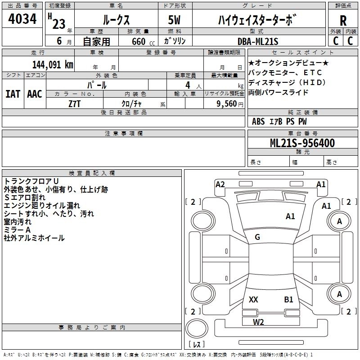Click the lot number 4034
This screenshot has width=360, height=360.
[x=22, y=18]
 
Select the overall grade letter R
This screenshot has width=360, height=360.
[x=343, y=21]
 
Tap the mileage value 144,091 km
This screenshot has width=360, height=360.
[x=53, y=65]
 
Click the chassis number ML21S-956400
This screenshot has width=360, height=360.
[x=302, y=143]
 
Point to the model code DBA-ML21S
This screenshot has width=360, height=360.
[x=258, y=41]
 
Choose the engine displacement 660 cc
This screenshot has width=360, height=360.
[x=143, y=42]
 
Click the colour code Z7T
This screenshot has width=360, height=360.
[x=75, y=104]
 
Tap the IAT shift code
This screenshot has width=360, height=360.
[x=13, y=94]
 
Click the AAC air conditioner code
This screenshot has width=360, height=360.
[x=35, y=94]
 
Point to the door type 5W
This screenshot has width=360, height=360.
[x=174, y=20]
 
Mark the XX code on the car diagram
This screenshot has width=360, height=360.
[x=253, y=299]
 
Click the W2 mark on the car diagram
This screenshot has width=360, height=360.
[x=258, y=322]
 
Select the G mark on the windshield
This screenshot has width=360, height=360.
[x=257, y=237]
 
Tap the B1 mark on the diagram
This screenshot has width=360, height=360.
[x=288, y=299]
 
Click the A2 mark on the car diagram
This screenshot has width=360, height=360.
[x=220, y=184]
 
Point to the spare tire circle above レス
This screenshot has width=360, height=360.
[x=197, y=328]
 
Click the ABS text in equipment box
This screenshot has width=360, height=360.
[x=258, y=121]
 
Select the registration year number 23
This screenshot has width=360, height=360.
[x=59, y=24]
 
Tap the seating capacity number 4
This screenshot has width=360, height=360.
[x=188, y=85]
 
